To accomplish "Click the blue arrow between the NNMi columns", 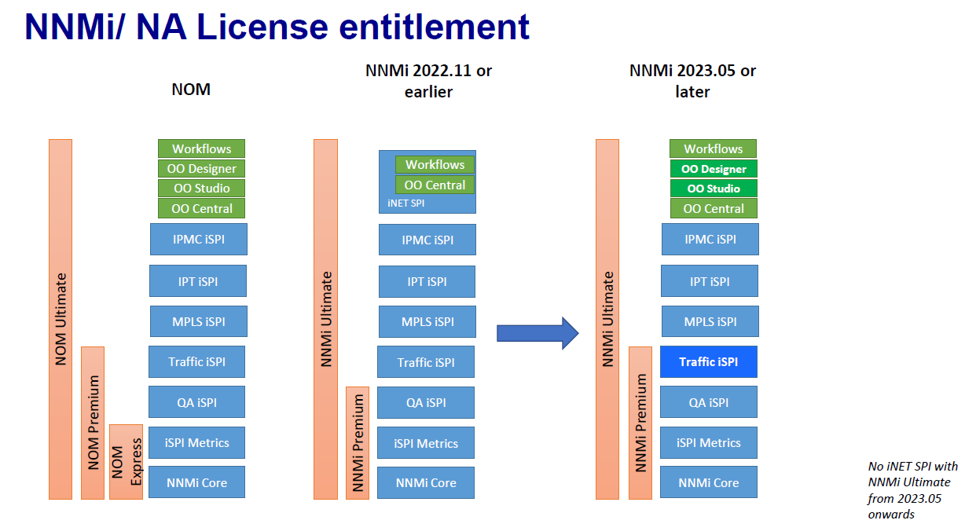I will pos(537,333).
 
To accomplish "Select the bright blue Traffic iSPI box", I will pos(709,362).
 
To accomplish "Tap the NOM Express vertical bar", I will pos(126,462).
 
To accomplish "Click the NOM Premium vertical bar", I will pos(93,423).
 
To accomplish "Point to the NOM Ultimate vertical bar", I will pos(61,319).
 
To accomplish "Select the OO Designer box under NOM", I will pos(201,168).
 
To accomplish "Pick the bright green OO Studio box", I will pos(713,189).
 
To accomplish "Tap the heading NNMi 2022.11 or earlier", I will pos(428,81).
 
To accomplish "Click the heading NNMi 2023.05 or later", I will pos(692,81).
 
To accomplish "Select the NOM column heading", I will pos(191,89).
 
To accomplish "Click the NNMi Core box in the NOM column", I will pos(196,482).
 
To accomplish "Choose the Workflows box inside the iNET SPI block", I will pos(435,165).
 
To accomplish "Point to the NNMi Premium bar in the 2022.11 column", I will pos(358,443).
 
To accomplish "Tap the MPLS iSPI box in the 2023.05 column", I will pos(710,321).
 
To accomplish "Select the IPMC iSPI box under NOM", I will pos(198,239).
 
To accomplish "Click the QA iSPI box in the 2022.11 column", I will pos(426,402).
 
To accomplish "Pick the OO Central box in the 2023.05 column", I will pos(713,209).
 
